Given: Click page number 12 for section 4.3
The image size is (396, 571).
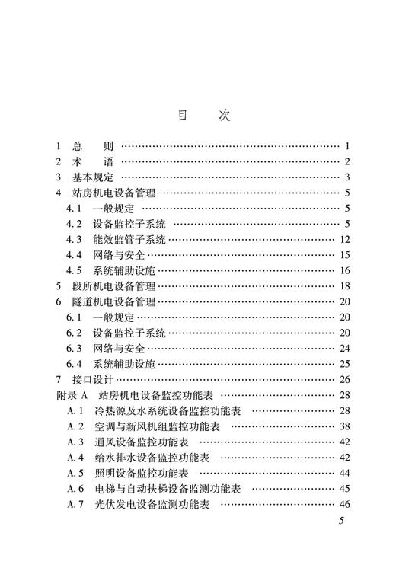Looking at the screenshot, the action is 344,239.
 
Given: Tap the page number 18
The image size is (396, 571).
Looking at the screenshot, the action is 344,286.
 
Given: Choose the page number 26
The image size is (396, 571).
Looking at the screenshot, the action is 344,379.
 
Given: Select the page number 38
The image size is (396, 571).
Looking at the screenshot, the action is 344,426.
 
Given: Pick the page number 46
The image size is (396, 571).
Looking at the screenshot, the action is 344,503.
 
